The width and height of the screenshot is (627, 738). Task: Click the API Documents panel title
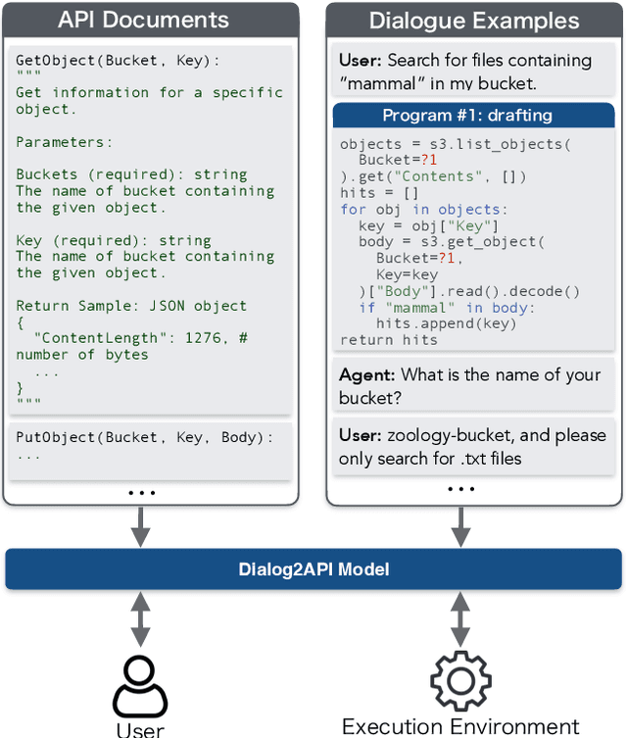coord(143,20)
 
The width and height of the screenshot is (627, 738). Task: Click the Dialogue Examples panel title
coord(473,21)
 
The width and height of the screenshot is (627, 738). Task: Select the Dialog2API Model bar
coord(313,569)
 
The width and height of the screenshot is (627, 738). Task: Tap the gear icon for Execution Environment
coord(460,679)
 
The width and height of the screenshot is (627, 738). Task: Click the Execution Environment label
coord(460,726)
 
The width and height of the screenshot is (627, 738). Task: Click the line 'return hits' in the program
coord(389,339)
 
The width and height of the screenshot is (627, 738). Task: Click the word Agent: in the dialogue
coord(366,374)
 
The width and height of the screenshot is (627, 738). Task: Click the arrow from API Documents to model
coord(141,527)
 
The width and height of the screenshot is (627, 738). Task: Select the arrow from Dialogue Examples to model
coord(460,527)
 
